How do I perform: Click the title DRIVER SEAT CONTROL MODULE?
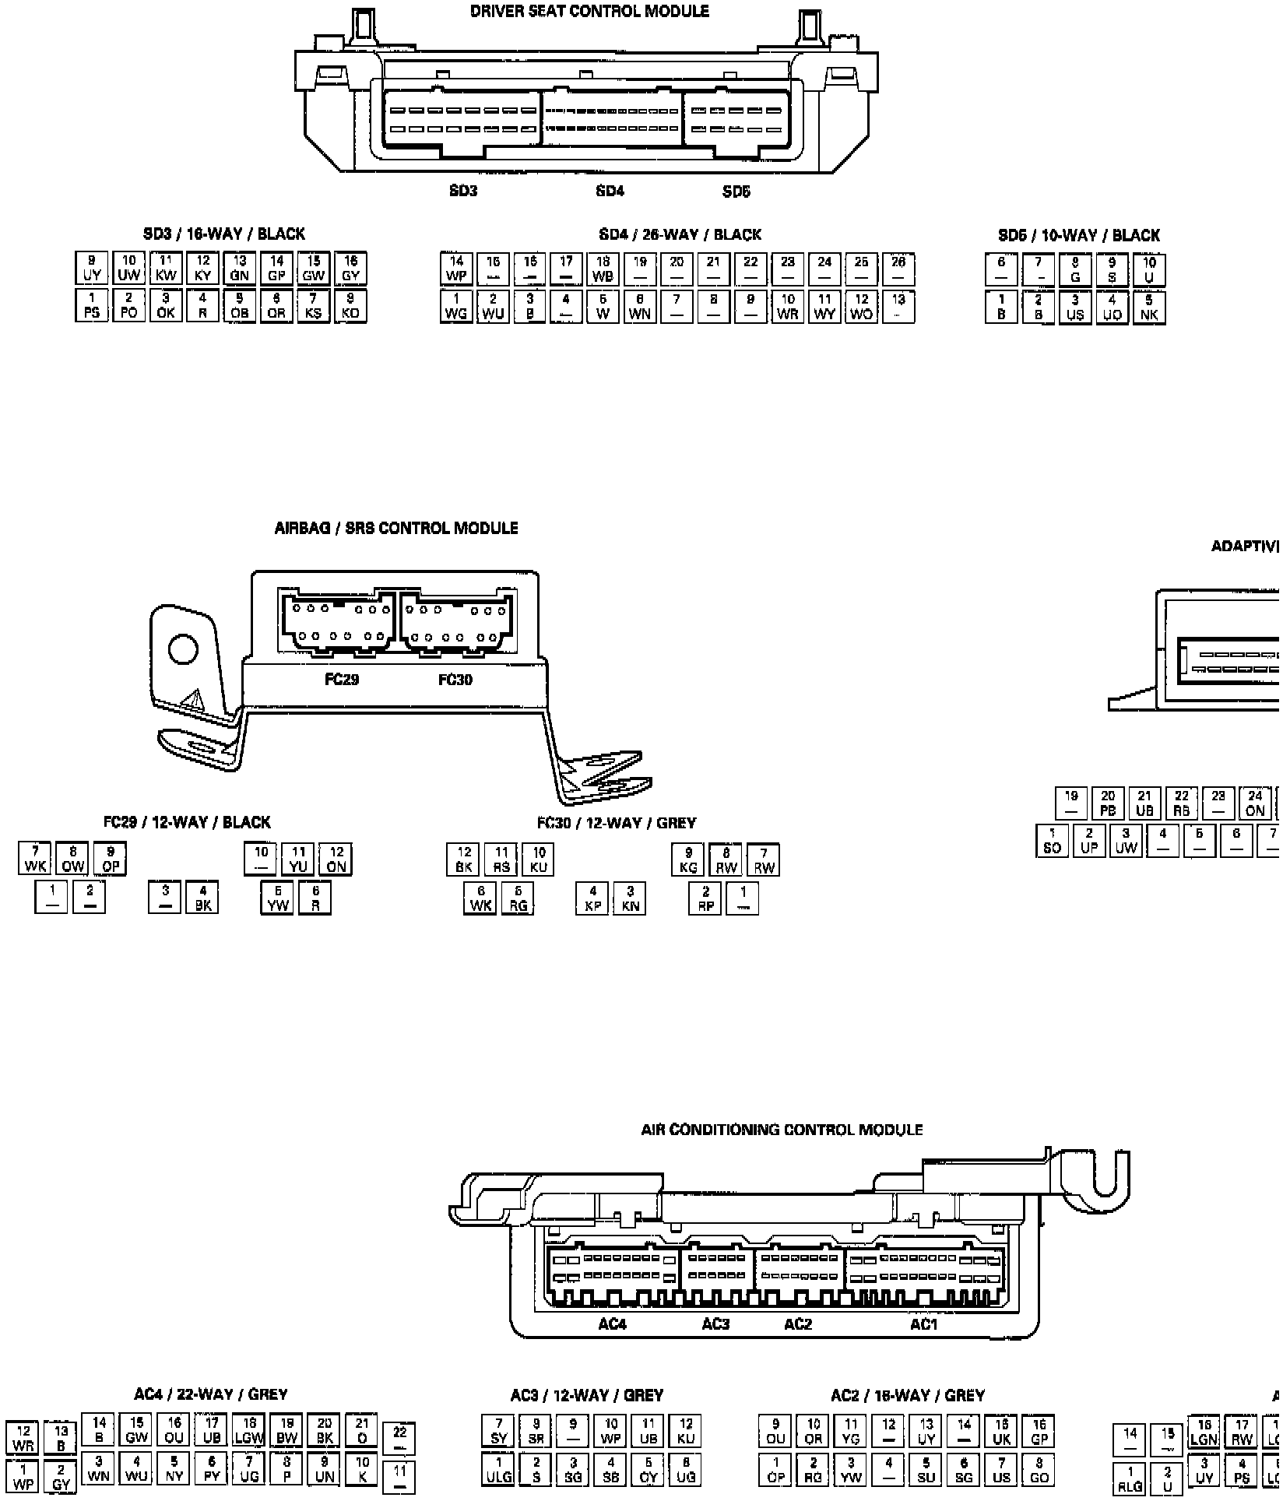pos(589,12)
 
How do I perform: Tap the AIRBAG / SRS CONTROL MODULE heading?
pos(396,529)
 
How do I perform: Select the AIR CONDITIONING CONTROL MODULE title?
pos(782,1130)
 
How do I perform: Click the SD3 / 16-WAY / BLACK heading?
pos(223,234)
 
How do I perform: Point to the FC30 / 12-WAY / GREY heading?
pos(616,823)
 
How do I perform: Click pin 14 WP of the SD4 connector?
pos(456,269)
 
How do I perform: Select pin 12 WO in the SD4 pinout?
pos(861,307)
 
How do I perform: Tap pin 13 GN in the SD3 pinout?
pos(240,269)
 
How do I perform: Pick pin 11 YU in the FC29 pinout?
pos(298,859)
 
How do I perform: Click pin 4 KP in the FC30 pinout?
pos(592,898)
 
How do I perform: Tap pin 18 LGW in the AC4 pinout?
pos(249,1430)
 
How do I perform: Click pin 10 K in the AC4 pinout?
pos(362,1468)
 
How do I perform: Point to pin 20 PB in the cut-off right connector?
pos(1108,803)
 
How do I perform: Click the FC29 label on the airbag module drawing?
pos(342,680)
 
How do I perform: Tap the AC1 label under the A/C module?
pos(924,1324)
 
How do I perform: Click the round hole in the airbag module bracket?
pos(183,649)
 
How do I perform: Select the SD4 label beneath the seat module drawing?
pos(610,191)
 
